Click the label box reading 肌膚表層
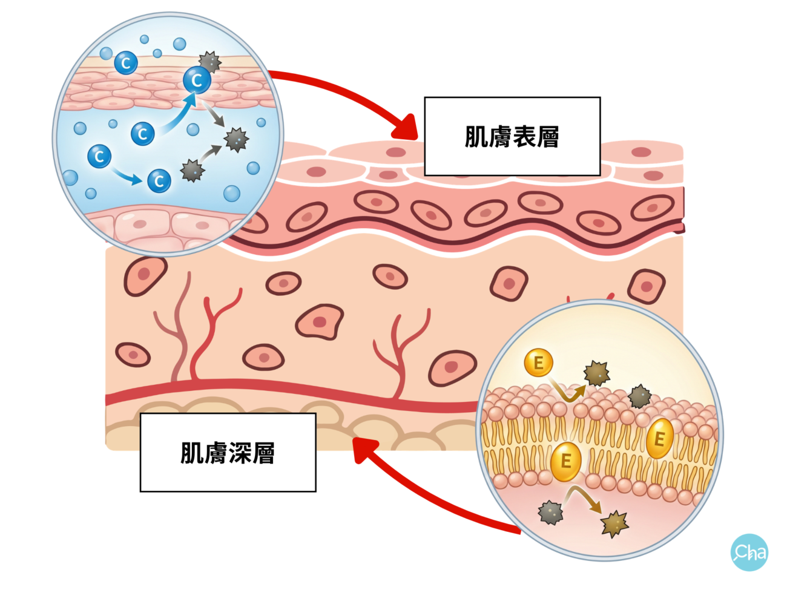tap(512, 136)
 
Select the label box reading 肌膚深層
tap(228, 452)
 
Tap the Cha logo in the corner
tap(749, 552)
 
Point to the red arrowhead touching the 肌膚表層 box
tap(404, 127)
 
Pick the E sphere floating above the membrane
tap(538, 363)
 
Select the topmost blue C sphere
tap(126, 62)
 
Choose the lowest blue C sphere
tap(159, 180)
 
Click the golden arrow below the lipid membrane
tap(584, 499)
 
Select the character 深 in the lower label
tap(240, 453)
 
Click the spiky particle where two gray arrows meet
tap(236, 139)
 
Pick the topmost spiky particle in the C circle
tap(210, 62)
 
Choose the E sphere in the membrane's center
tap(566, 461)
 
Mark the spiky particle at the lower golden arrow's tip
tap(614, 523)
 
